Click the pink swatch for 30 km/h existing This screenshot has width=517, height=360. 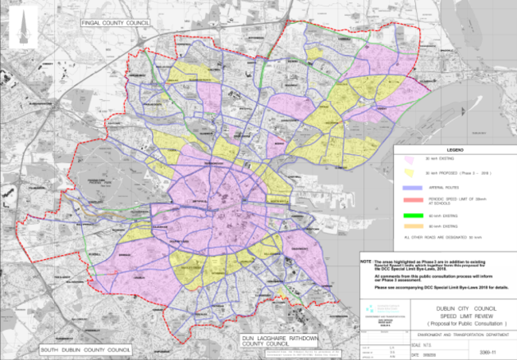click(x=412, y=160)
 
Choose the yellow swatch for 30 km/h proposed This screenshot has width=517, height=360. click(x=412, y=172)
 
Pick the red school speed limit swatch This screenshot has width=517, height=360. click(x=412, y=199)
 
